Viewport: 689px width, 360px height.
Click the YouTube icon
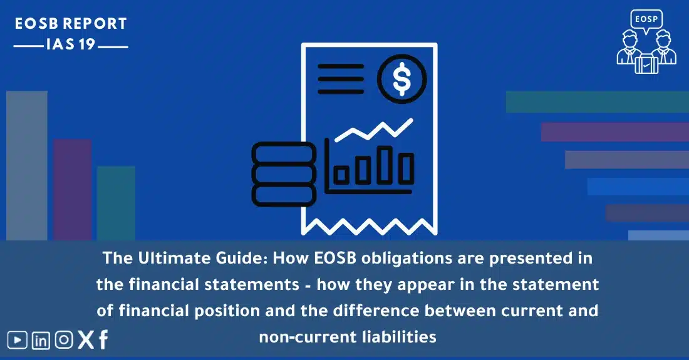pyautogui.click(x=17, y=340)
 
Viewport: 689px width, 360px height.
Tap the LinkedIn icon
pyautogui.click(x=41, y=340)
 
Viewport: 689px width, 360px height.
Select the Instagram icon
pyautogui.click(x=64, y=340)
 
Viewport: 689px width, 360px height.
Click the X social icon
pyautogui.click(x=86, y=340)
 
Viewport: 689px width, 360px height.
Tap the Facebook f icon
pyautogui.click(x=103, y=340)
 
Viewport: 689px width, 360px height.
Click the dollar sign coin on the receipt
pyautogui.click(x=401, y=79)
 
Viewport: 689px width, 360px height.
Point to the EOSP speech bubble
pyautogui.click(x=646, y=21)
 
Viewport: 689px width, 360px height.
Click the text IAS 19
pyautogui.click(x=70, y=44)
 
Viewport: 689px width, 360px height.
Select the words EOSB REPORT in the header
pyautogui.click(x=71, y=24)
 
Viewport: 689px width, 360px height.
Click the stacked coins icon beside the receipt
pyautogui.click(x=284, y=174)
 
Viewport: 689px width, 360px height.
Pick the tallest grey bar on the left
pyautogui.click(x=27, y=165)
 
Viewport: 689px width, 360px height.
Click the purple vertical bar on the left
pyautogui.click(x=73, y=190)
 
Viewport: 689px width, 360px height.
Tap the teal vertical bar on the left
pyautogui.click(x=116, y=203)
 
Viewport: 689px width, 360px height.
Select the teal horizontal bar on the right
pyautogui.click(x=597, y=102)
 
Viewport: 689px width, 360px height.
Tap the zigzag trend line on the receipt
pyautogui.click(x=374, y=130)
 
